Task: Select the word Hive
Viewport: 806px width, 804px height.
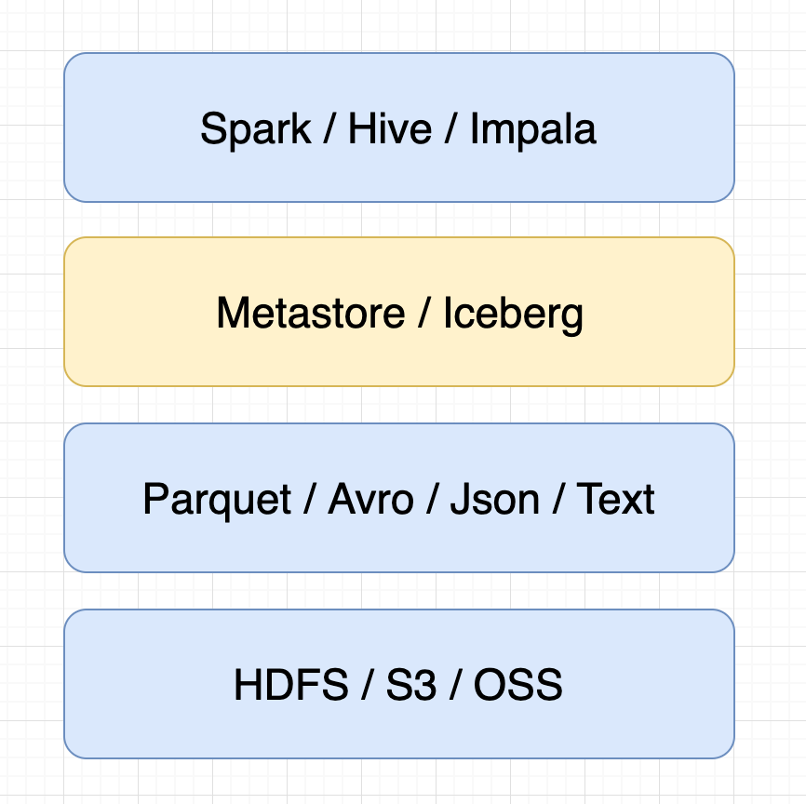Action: pos(390,128)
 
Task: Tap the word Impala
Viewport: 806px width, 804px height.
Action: pos(533,130)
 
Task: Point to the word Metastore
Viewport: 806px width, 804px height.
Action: pos(311,313)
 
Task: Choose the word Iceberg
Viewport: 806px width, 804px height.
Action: pos(513,315)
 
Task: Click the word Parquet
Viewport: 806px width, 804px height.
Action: pos(217,501)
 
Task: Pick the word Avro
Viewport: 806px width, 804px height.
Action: pos(370,499)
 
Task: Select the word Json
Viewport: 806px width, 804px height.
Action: pos(494,499)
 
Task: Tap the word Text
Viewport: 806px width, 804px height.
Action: pos(615,499)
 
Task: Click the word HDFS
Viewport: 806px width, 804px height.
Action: pos(291,684)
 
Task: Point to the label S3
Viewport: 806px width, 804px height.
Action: pos(411,684)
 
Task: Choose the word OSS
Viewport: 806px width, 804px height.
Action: pos(518,684)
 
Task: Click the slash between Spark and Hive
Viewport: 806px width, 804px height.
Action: pos(330,128)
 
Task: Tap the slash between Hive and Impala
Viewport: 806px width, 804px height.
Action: pos(451,128)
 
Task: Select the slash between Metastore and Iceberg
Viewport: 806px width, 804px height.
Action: pos(424,313)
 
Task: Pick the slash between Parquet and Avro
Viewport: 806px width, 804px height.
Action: pos(310,499)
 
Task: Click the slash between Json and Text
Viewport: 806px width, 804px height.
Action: pos(558,499)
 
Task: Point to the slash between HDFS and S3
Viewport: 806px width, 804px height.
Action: pos(367,684)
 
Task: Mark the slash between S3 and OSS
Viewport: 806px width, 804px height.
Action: pos(455,684)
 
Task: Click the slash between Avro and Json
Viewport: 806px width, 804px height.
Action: pos(432,499)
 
